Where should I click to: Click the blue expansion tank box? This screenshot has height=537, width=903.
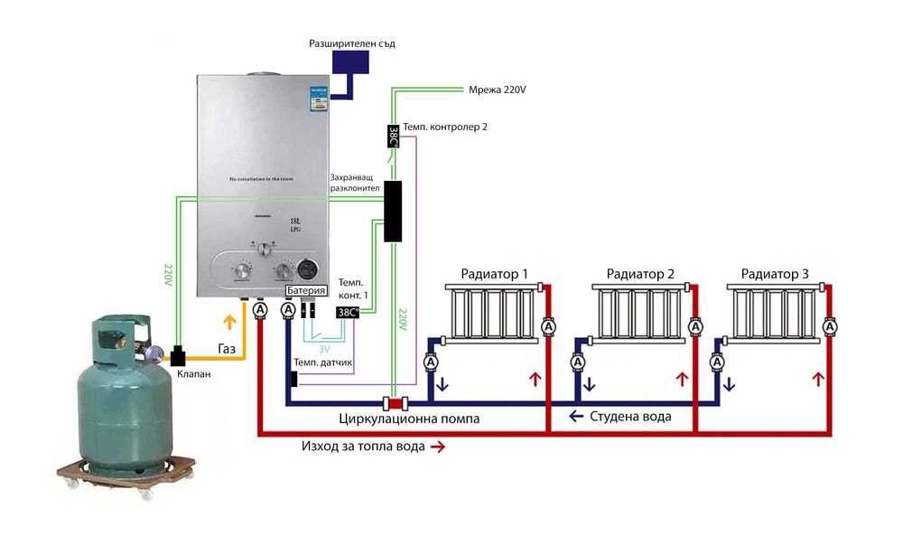[x=350, y=62]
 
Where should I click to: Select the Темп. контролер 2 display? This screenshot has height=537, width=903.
[x=394, y=137]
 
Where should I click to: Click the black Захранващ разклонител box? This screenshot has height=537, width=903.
[x=393, y=211]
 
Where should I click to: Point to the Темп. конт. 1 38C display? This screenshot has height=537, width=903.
[x=348, y=312]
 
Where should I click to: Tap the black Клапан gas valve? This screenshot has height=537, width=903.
[x=178, y=356]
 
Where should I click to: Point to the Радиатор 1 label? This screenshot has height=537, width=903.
[x=494, y=273]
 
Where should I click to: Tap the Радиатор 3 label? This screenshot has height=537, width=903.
[x=775, y=273]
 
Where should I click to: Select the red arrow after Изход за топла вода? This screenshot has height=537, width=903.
[x=438, y=447]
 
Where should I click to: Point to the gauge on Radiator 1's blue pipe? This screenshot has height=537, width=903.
[x=431, y=362]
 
